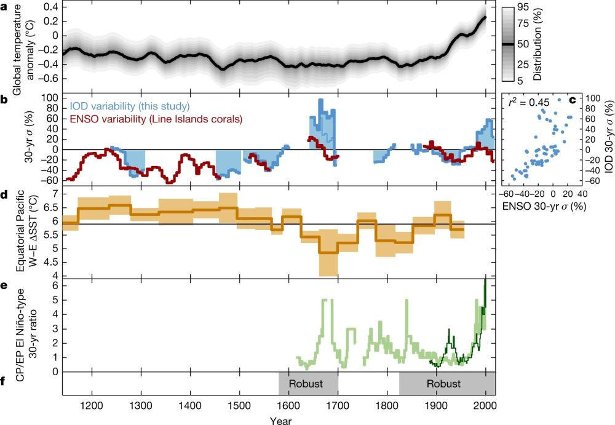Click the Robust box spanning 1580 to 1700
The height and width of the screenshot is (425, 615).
pyautogui.click(x=308, y=384)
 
